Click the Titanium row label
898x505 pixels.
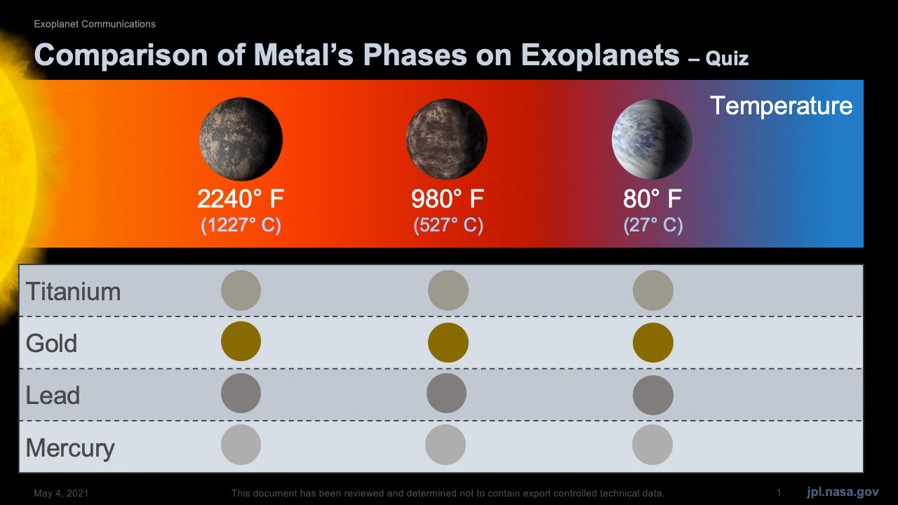73,291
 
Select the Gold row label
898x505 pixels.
51,344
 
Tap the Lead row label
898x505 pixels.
53,395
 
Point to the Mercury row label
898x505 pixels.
70,448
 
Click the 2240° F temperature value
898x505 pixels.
241,198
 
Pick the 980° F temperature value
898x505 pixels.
448,198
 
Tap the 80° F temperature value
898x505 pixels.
652,198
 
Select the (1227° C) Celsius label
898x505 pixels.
241,225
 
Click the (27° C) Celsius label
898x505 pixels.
653,225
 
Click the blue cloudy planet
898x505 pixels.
652,139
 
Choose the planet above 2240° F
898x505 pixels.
241,139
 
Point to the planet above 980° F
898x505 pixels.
447,139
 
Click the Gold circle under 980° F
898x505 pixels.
448,343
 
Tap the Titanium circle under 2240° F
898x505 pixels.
241,290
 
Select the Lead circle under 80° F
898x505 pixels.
653,395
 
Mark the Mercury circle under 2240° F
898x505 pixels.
241,445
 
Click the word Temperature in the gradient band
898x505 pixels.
782,106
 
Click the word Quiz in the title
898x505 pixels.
727,58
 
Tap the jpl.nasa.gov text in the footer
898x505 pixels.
843,492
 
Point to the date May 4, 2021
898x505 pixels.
61,493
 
